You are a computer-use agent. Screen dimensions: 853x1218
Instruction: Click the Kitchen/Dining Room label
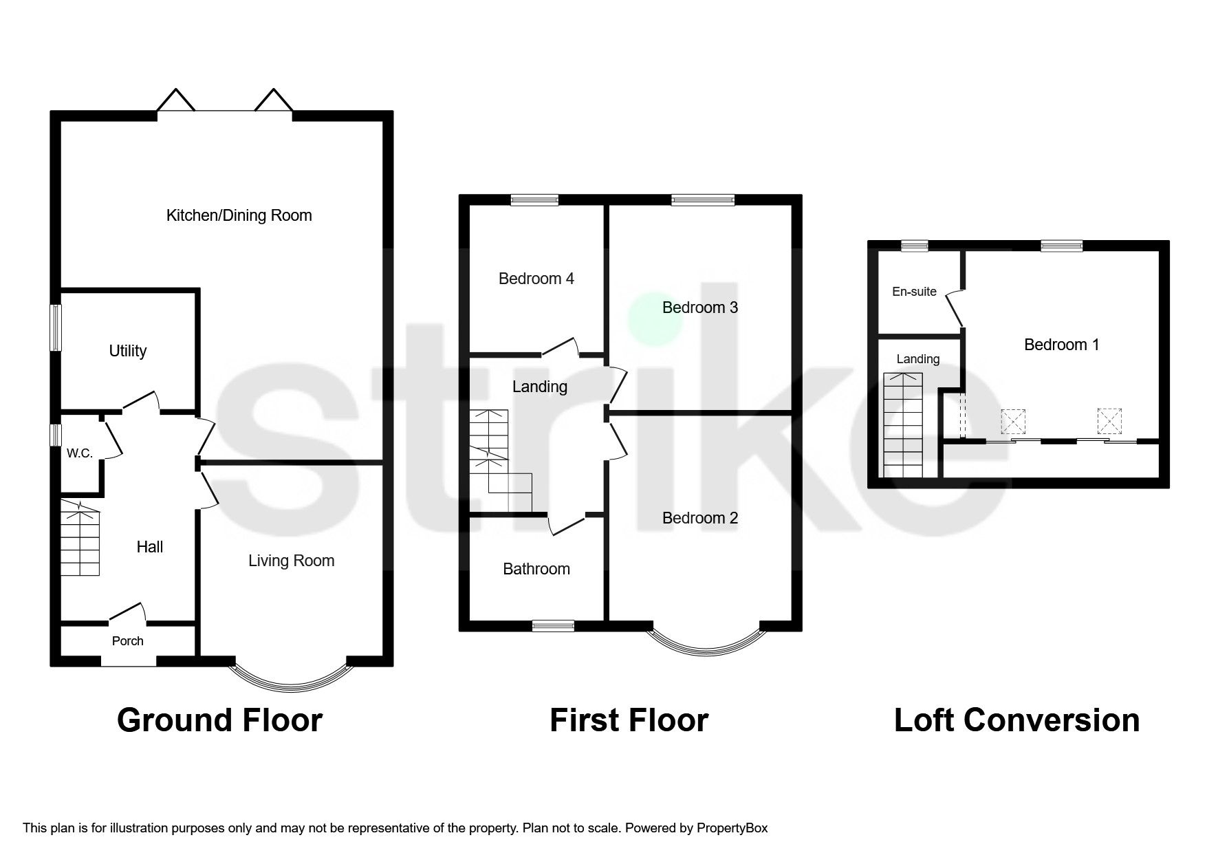pyautogui.click(x=239, y=215)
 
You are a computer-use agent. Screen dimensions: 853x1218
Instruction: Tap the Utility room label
pyautogui.click(x=128, y=351)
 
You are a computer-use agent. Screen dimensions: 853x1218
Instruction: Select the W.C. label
pyautogui.click(x=79, y=453)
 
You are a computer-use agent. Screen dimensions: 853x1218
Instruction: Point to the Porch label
pyautogui.click(x=128, y=641)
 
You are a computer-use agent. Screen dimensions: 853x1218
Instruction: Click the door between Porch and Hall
pyautogui.click(x=128, y=612)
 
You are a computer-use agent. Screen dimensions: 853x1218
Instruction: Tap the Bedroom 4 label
pyautogui.click(x=536, y=279)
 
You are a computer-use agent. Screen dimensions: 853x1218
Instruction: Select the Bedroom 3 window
pyautogui.click(x=703, y=200)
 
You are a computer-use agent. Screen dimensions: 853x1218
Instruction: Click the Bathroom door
pyautogui.click(x=567, y=524)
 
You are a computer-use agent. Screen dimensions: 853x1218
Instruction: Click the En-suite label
pyautogui.click(x=914, y=292)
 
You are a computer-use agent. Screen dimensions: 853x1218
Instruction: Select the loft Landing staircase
pyautogui.click(x=903, y=425)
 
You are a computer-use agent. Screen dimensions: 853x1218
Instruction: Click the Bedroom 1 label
pyautogui.click(x=1061, y=345)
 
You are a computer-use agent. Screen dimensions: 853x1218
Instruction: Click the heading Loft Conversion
pyautogui.click(x=1016, y=720)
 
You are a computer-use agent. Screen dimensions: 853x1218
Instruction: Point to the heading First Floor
pyautogui.click(x=629, y=720)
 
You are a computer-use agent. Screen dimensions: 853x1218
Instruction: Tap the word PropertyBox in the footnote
pyautogui.click(x=732, y=828)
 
